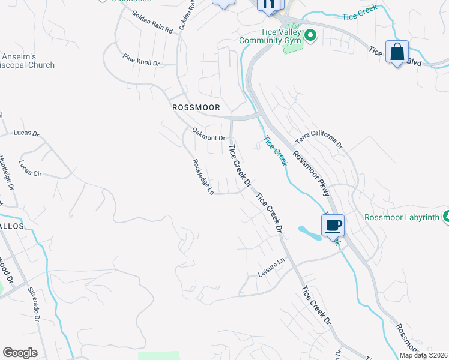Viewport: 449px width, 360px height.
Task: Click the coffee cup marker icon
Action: [x=333, y=226]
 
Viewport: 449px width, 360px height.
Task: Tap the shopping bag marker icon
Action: [x=397, y=52]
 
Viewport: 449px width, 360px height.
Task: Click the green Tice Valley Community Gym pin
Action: [x=310, y=35]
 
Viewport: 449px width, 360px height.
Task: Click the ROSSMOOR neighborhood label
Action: [x=196, y=107]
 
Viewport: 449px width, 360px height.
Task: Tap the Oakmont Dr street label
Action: [x=208, y=134]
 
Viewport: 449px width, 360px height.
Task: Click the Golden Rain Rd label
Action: [x=152, y=22]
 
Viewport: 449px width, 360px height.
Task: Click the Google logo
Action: [x=20, y=353]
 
